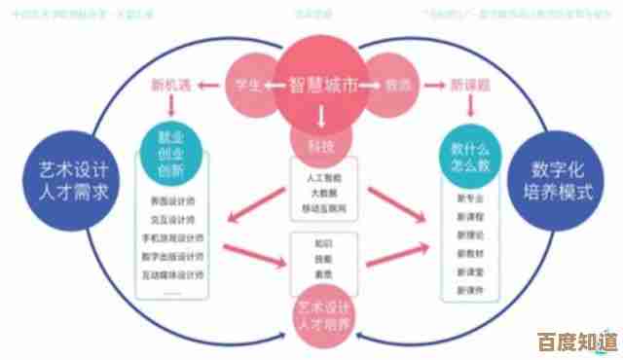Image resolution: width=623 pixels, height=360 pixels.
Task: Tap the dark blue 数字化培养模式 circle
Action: (564, 181)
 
